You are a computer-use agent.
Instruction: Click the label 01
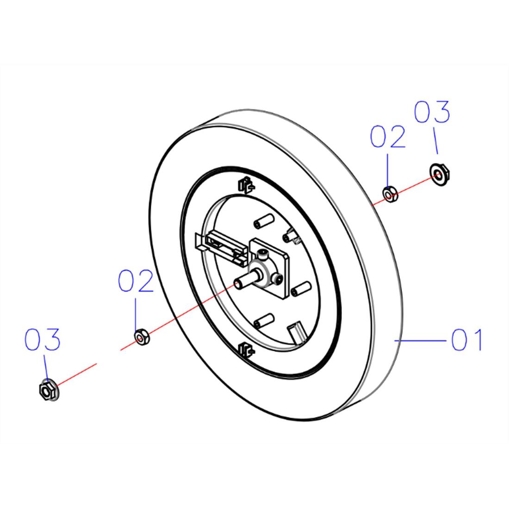tap(466, 340)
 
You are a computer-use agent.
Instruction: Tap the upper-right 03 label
tap(432, 112)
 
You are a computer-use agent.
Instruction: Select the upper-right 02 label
tap(388, 137)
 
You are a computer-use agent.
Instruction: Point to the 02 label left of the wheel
tap(136, 280)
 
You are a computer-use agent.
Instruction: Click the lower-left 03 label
tap(43, 339)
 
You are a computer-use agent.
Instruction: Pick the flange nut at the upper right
tap(440, 174)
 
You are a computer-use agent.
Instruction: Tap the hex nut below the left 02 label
tap(142, 337)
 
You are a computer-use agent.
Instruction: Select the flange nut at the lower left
tap(49, 391)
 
